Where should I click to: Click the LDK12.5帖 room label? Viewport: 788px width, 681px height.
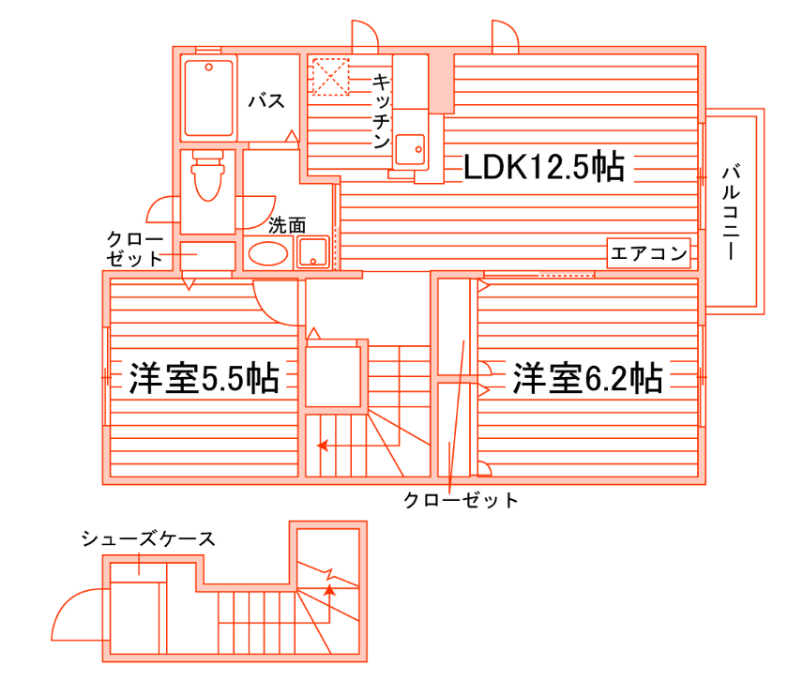click(544, 167)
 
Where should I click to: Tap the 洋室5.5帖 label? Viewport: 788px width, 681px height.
click(204, 378)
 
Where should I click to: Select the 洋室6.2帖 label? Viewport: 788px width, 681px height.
click(588, 378)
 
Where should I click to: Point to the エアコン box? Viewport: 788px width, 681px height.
click(649, 252)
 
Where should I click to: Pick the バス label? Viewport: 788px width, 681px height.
click(266, 101)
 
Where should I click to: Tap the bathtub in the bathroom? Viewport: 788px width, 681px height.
click(207, 98)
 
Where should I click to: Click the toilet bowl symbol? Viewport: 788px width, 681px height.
click(207, 178)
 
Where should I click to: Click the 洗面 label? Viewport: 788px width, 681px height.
click(287, 225)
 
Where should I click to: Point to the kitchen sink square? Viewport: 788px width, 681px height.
click(410, 149)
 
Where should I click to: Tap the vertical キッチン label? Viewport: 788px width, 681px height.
click(381, 111)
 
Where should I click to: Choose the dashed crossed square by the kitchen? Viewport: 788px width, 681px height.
click(329, 77)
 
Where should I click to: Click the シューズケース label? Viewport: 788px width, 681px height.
click(148, 538)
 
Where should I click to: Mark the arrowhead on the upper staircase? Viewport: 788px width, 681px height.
click(323, 446)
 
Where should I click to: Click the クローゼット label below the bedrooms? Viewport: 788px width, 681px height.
click(461, 500)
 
